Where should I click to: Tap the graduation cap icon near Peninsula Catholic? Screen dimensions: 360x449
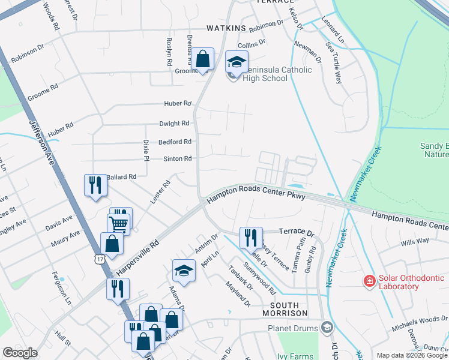pyautogui.click(x=236, y=62)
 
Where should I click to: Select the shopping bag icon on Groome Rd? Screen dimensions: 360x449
pyautogui.click(x=203, y=59)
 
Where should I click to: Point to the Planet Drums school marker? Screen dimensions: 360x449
pyautogui.click(x=327, y=328)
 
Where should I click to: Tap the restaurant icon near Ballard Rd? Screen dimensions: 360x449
pyautogui.click(x=95, y=185)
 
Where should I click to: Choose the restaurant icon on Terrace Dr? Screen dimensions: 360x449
pyautogui.click(x=250, y=237)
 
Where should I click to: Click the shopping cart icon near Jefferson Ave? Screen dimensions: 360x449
pyautogui.click(x=119, y=224)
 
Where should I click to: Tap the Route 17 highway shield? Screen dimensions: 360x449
pyautogui.click(x=98, y=257)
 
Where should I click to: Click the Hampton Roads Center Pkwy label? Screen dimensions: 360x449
pyautogui.click(x=257, y=197)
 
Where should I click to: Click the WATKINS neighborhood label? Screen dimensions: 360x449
pyautogui.click(x=226, y=28)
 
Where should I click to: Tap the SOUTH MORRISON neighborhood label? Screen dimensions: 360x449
pyautogui.click(x=285, y=313)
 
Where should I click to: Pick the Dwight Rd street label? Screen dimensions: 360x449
pyautogui.click(x=174, y=123)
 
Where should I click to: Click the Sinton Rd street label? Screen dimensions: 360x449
pyautogui.click(x=178, y=158)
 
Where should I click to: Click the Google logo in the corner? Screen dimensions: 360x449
pyautogui.click(x=20, y=353)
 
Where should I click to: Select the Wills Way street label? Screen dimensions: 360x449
pyautogui.click(x=415, y=241)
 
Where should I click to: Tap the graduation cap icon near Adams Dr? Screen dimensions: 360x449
pyautogui.click(x=184, y=271)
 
